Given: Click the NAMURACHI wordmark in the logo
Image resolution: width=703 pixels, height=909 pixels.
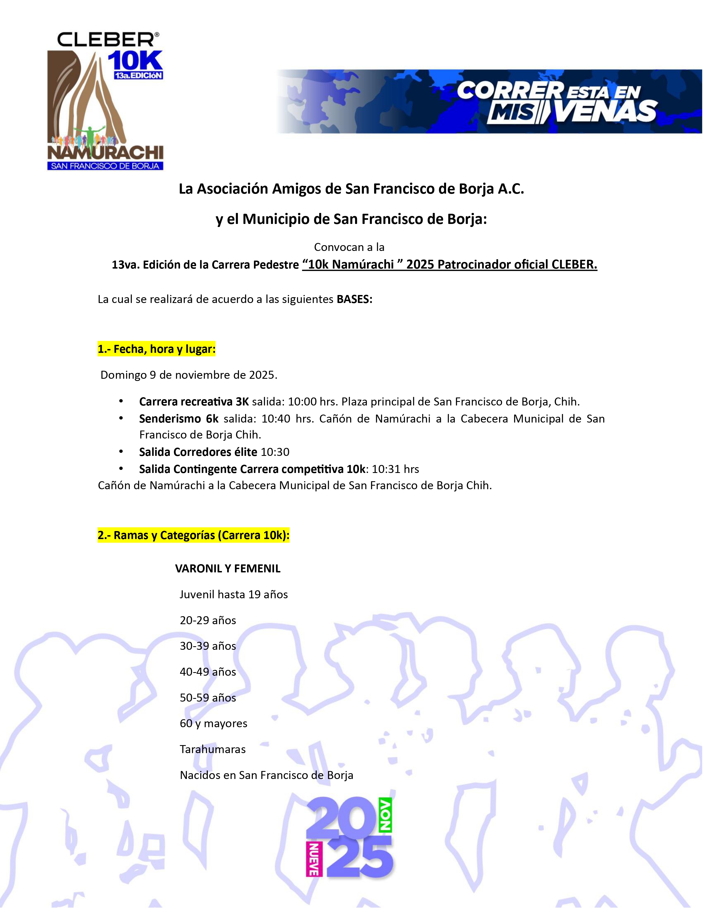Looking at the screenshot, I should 105,153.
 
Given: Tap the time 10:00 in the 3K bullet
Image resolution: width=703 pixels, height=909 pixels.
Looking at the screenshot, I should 302,402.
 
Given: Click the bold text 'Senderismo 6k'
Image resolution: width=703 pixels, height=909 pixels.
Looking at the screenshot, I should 179,419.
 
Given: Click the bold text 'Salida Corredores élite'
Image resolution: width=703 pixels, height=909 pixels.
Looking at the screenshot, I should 198,452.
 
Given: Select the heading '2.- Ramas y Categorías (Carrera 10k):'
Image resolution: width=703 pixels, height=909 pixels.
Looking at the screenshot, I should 193,535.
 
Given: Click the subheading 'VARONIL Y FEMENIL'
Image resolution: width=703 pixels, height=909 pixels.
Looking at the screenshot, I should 228,569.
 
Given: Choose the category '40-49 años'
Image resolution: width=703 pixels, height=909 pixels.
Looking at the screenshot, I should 208,672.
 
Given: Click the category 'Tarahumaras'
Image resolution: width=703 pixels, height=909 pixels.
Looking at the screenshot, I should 212,750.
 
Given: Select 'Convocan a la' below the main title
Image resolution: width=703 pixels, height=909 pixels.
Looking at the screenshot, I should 349,247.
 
